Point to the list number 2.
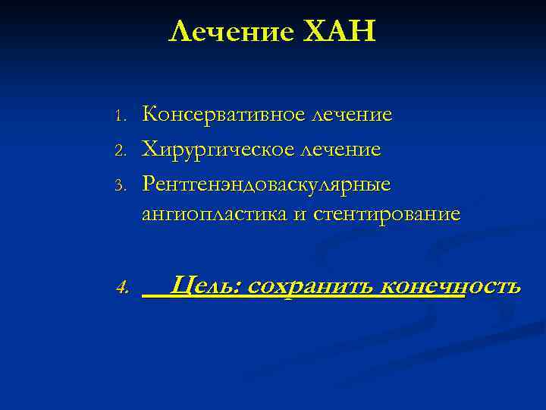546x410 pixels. [x=119, y=150]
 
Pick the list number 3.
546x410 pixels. [x=119, y=184]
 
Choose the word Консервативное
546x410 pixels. [x=222, y=115]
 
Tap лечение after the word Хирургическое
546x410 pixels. [x=338, y=149]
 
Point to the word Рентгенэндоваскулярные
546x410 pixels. [x=266, y=182]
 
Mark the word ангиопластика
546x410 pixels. [x=214, y=215]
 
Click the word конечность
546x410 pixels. [x=450, y=286]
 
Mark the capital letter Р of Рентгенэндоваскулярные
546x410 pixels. [x=149, y=182]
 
